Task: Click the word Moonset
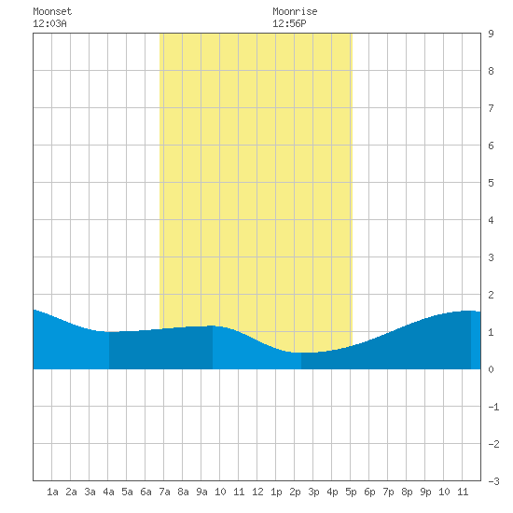[52, 11]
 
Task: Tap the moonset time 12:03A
[49, 23]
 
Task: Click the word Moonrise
[295, 11]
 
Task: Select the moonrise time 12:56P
[289, 23]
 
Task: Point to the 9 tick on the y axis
[491, 34]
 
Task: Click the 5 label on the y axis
[491, 183]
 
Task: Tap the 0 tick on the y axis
[491, 369]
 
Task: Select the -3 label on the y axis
[493, 481]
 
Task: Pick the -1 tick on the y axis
[493, 407]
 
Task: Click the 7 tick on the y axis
[491, 108]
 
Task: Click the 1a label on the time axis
[52, 492]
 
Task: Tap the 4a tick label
[108, 492]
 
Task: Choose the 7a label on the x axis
[164, 492]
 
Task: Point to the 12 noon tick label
[257, 492]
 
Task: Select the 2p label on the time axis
[295, 492]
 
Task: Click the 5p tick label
[351, 492]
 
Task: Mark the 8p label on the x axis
[407, 492]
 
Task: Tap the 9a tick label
[201, 492]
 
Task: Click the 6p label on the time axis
[369, 492]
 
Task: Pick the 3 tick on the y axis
[491, 257]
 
